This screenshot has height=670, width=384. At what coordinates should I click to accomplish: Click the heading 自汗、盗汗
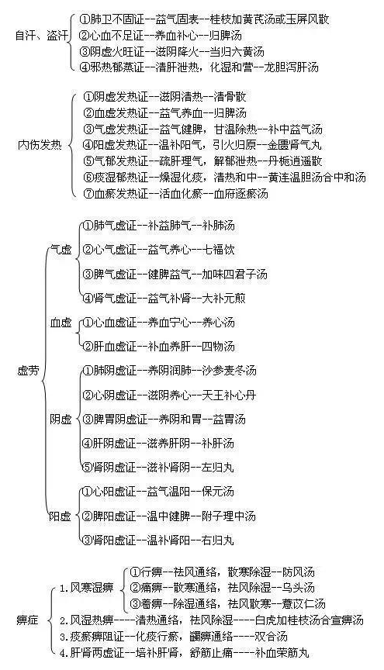pyautogui.click(x=41, y=36)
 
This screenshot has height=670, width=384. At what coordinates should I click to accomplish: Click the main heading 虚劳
pyautogui.click(x=28, y=370)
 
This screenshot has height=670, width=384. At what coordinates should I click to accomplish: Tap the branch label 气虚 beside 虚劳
pyautogui.click(x=61, y=250)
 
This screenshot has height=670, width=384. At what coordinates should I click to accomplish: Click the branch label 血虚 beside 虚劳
pyautogui.click(x=61, y=322)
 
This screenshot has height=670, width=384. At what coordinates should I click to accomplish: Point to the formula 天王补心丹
pyautogui.click(x=229, y=395)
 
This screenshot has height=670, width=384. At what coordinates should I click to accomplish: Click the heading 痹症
pyautogui.click(x=28, y=620)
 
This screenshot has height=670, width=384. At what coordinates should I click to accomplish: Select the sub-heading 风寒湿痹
pyautogui.click(x=92, y=588)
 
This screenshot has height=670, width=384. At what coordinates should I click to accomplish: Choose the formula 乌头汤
pyautogui.click(x=299, y=588)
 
